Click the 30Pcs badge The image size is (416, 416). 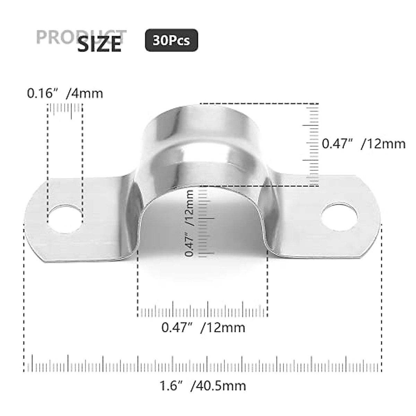coord(171,41)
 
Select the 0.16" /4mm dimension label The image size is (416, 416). coord(65,93)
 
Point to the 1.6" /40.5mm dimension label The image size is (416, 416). coord(202,385)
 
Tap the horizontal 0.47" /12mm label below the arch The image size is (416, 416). coord(203,327)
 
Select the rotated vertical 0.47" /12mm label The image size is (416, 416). coord(189,224)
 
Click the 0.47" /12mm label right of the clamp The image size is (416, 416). coord(363,144)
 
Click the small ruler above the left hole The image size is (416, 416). coord(65,109)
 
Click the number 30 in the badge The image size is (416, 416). coord(160,41)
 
